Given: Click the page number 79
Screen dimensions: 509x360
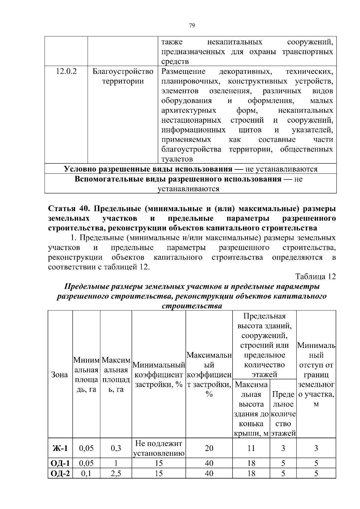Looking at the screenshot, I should tap(192, 25).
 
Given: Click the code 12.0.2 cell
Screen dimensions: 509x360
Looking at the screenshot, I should tap(66, 72).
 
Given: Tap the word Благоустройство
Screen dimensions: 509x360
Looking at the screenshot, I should tap(123, 72).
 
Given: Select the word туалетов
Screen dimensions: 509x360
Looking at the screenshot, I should tap(177, 159).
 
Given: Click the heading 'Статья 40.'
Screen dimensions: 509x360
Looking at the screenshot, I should tap(70, 208).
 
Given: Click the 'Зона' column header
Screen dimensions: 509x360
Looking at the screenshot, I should tap(60, 375).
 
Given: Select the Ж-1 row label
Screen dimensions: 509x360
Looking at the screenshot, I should tap(60, 448).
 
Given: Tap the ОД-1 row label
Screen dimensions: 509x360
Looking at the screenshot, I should tap(60, 463).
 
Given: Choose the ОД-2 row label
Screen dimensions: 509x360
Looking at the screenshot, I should tap(60, 474).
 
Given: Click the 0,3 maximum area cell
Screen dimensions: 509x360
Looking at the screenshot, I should tap(116, 448).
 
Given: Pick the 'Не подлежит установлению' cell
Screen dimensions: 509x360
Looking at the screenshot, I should tap(159, 448).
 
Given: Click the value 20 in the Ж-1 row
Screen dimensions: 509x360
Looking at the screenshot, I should tap(209, 448).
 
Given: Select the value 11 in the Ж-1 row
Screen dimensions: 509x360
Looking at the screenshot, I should tap(251, 448).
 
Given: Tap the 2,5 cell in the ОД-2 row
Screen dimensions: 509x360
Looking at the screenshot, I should tap(116, 474).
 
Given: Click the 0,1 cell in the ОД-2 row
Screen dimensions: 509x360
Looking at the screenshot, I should tap(86, 474).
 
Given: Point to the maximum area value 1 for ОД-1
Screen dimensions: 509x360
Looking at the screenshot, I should tap(116, 463).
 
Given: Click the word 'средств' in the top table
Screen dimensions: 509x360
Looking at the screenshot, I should tap(175, 62).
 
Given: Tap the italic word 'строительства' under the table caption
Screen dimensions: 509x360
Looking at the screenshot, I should tap(192, 306).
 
